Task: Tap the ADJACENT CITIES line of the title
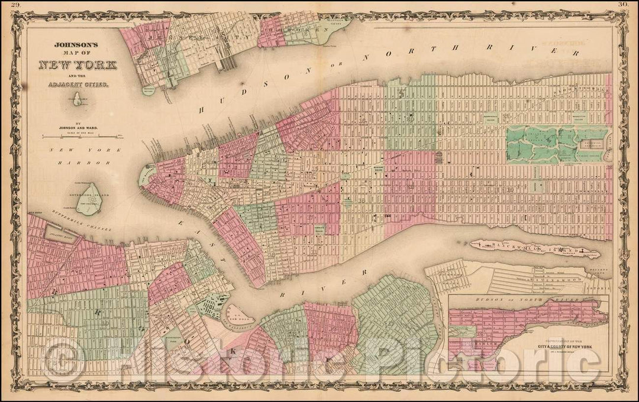(75, 85)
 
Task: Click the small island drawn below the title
(76, 102)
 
